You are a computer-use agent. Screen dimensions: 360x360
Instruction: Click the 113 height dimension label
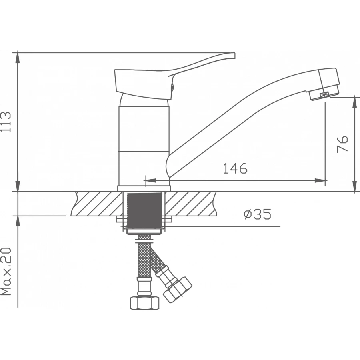(x=6, y=122)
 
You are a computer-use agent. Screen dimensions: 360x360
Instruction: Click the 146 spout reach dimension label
(x=235, y=168)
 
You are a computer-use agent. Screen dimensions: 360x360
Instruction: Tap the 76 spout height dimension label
(x=342, y=144)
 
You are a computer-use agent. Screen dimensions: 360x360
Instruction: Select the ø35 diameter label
(x=257, y=214)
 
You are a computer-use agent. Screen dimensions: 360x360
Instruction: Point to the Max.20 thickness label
(x=6, y=271)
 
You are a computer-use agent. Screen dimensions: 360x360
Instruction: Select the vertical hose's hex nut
(x=145, y=303)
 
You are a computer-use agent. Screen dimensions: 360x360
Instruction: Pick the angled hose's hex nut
(x=178, y=290)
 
